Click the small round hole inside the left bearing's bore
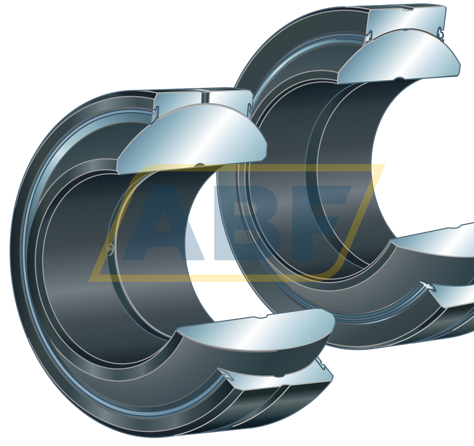click(x=109, y=249)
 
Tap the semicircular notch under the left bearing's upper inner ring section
click(x=200, y=165)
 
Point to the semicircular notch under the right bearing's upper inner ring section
click(x=400, y=78)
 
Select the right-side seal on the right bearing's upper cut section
click(x=441, y=33)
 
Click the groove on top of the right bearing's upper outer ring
click(x=408, y=8)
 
